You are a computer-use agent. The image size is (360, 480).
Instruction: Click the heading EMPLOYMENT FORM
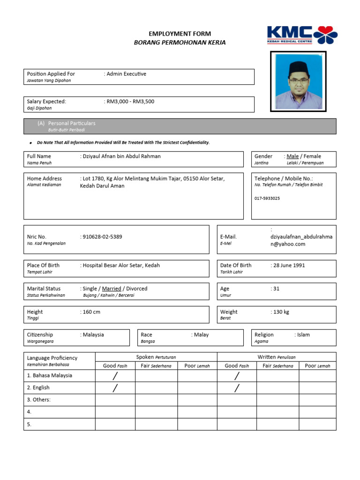click(x=180, y=34)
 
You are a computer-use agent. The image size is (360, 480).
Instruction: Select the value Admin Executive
click(x=127, y=74)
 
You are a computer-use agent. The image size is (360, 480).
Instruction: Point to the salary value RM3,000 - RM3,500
click(x=131, y=101)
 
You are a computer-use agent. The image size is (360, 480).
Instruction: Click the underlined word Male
click(x=292, y=156)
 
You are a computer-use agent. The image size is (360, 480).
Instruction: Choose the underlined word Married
click(x=112, y=289)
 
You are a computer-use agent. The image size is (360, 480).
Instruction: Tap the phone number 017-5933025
click(x=267, y=198)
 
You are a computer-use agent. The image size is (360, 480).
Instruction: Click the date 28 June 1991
click(x=289, y=265)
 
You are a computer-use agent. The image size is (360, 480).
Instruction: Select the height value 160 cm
click(x=91, y=312)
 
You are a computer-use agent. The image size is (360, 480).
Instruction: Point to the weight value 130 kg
click(x=281, y=312)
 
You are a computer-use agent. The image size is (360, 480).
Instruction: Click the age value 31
click(x=276, y=289)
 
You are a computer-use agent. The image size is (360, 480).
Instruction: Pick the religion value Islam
click(x=303, y=335)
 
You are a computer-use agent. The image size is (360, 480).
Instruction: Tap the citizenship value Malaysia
click(x=93, y=335)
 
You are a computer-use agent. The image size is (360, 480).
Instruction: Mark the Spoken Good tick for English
click(x=115, y=388)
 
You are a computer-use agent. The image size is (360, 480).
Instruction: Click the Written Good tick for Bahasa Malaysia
click(x=237, y=375)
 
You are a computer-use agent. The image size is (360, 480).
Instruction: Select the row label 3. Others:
click(x=39, y=400)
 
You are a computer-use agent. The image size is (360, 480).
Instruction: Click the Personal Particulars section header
click(x=72, y=123)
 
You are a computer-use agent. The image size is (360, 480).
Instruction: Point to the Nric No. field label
click(x=37, y=237)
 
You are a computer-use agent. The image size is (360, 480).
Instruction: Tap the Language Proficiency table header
click(x=52, y=358)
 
